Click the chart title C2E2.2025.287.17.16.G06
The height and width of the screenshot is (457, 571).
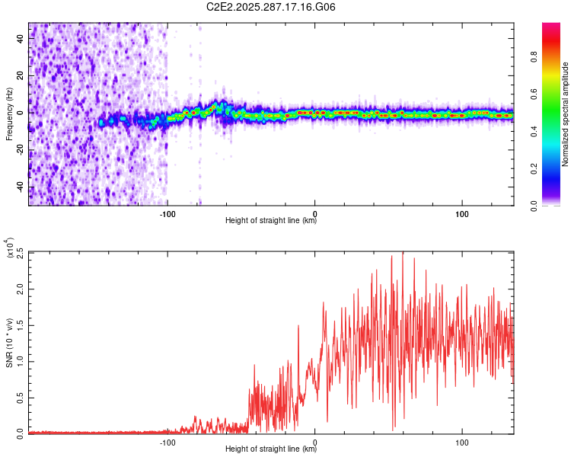coord(272,7)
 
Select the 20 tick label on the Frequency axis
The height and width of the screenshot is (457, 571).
coord(21,75)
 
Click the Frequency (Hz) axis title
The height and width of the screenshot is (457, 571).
coord(9,114)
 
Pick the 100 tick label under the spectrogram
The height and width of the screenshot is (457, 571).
coord(461,213)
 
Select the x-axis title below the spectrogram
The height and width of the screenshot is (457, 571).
coord(271,222)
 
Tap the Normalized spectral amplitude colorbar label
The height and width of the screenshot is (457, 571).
coord(565,114)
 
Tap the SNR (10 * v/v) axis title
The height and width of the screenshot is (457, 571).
coord(10,343)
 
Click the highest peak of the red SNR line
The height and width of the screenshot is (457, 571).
coord(402,252)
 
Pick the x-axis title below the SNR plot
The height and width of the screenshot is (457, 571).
coord(271,450)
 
